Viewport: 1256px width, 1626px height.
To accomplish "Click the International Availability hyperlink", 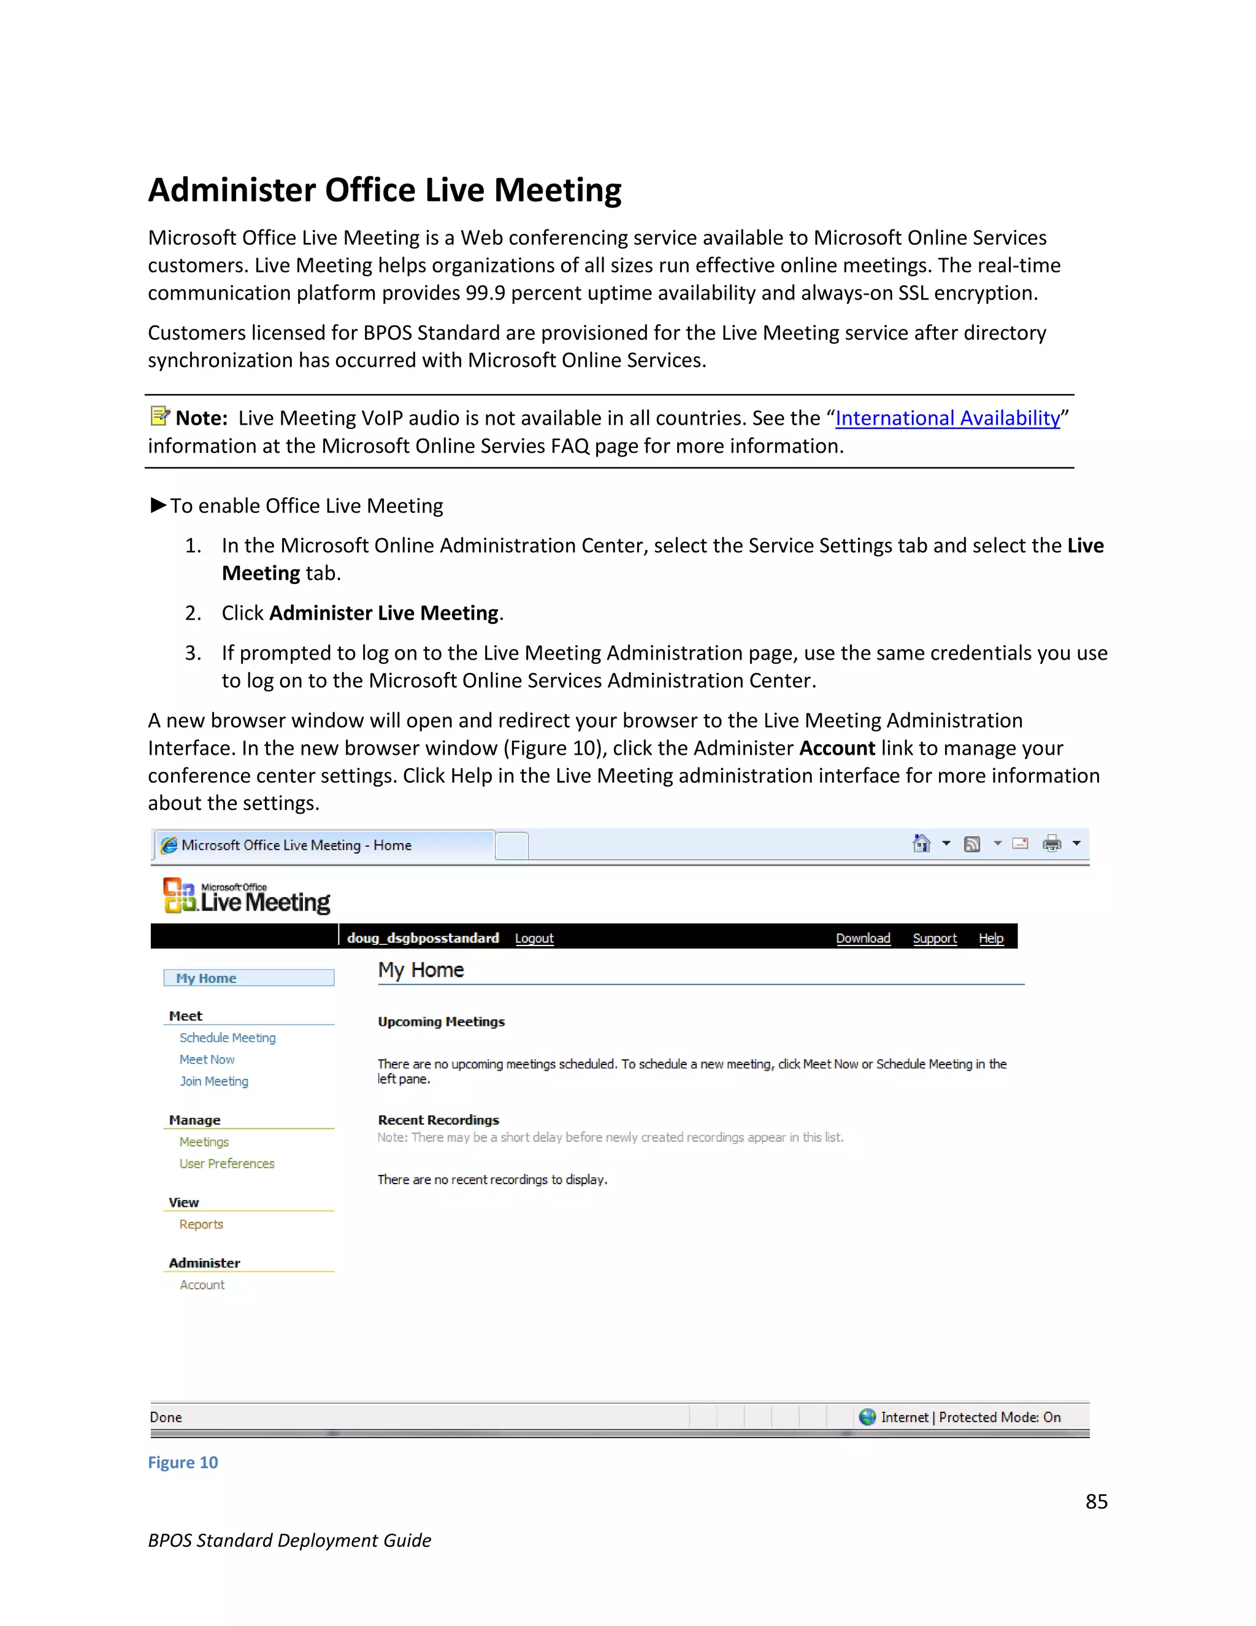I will click(947, 418).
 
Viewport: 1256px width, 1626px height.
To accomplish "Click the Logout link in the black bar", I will click(534, 938).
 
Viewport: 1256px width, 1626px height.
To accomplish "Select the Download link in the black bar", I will click(862, 938).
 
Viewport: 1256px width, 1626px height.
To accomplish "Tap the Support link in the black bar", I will click(935, 938).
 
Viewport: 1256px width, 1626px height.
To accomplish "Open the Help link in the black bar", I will click(991, 938).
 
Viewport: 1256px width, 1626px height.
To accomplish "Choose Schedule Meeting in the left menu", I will click(227, 1038).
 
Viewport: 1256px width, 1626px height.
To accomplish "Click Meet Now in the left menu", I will click(207, 1060).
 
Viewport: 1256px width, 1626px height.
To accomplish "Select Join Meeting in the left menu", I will click(213, 1081).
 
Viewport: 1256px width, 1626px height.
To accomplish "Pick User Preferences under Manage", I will click(226, 1163).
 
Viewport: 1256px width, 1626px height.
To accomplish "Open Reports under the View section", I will click(201, 1224).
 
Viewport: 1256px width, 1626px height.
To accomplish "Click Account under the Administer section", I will click(202, 1285).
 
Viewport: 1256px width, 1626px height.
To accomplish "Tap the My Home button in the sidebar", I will click(248, 978).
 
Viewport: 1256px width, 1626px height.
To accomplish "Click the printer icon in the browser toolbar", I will click(1051, 844).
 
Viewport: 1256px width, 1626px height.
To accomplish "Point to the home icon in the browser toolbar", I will click(921, 844).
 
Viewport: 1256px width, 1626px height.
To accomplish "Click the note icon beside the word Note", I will click(159, 415).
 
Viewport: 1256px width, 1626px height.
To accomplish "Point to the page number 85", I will click(1096, 1501).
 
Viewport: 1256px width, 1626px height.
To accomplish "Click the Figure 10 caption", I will click(183, 1463).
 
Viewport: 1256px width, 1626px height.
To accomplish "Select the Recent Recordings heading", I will click(438, 1120).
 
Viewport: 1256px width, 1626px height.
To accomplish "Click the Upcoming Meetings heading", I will click(441, 1022).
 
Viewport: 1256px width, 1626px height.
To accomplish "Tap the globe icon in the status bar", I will click(867, 1417).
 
